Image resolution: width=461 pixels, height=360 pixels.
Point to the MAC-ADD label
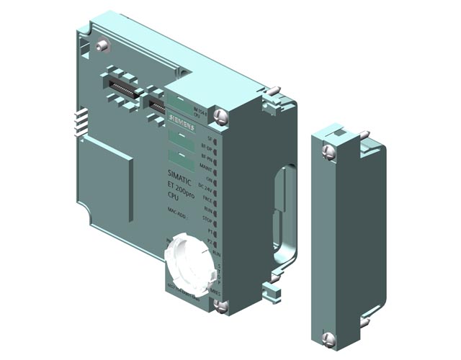tap(178, 210)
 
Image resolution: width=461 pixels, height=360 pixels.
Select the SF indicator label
tap(210, 137)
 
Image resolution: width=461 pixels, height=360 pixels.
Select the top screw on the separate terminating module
tap(328, 150)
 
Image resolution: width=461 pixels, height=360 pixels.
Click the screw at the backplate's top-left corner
tap(103, 45)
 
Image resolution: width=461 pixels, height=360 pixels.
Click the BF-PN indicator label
tap(207, 156)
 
